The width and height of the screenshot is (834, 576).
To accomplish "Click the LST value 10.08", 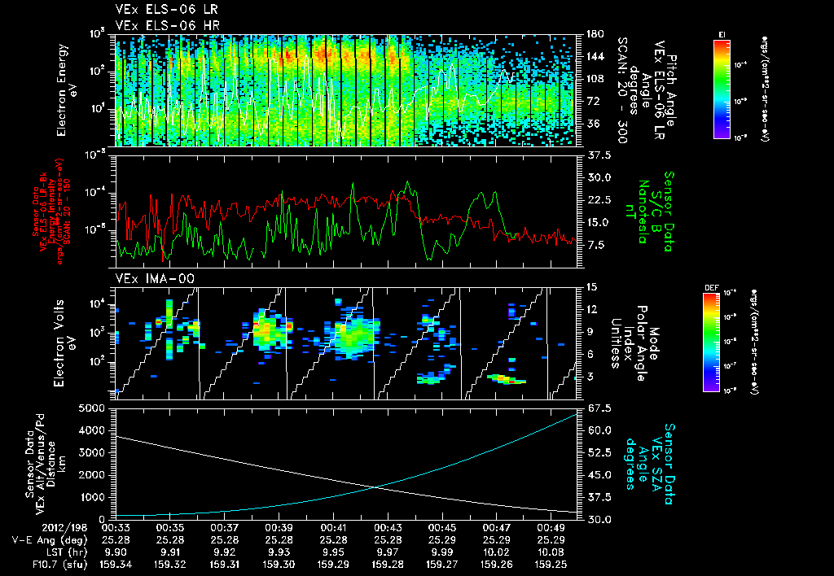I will [552, 550].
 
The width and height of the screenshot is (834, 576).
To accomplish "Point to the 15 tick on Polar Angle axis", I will [590, 287].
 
